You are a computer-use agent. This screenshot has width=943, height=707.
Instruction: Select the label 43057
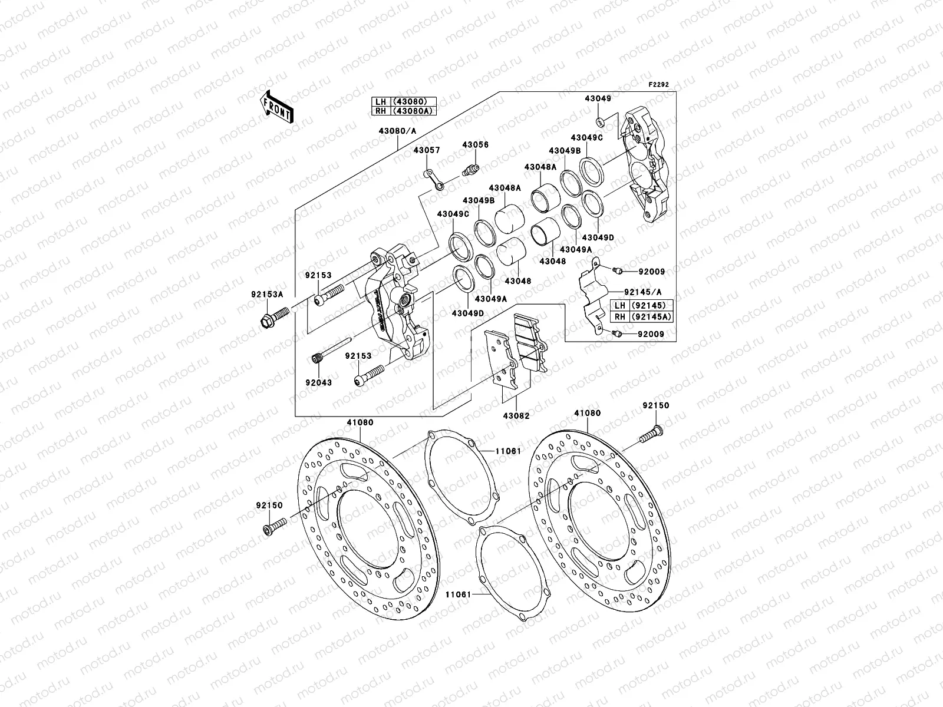click(x=426, y=151)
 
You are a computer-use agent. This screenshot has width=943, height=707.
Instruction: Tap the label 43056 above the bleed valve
click(x=475, y=145)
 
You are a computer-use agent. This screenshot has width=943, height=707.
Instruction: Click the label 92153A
click(x=269, y=295)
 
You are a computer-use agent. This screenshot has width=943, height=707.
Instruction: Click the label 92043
click(x=318, y=383)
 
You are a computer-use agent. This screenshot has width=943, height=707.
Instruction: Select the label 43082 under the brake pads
click(x=516, y=416)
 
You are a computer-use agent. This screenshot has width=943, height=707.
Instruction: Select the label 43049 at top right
click(x=598, y=99)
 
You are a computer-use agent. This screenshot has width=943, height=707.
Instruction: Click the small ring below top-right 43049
click(x=599, y=122)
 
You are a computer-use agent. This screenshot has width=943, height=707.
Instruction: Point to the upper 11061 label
click(x=507, y=451)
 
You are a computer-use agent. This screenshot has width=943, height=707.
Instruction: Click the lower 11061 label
click(x=457, y=595)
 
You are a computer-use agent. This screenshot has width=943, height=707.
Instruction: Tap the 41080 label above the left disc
click(x=360, y=422)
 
